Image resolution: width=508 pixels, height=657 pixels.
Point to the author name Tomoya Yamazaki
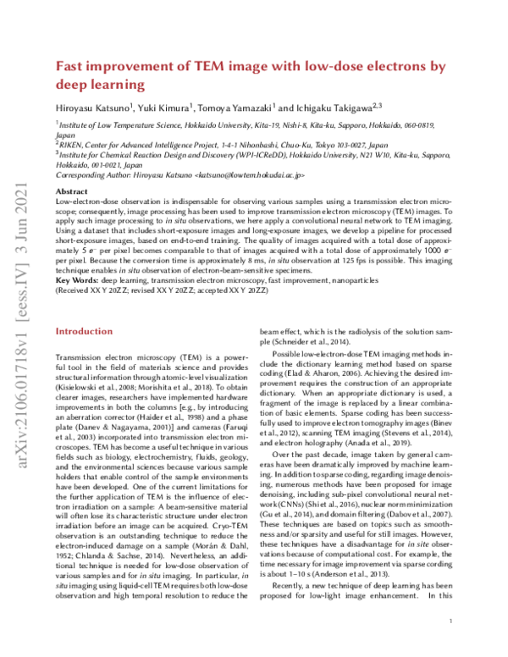click(235, 108)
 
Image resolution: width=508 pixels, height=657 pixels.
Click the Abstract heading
click(71, 193)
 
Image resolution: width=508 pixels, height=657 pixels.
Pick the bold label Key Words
click(80, 279)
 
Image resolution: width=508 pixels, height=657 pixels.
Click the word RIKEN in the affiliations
click(73, 144)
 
